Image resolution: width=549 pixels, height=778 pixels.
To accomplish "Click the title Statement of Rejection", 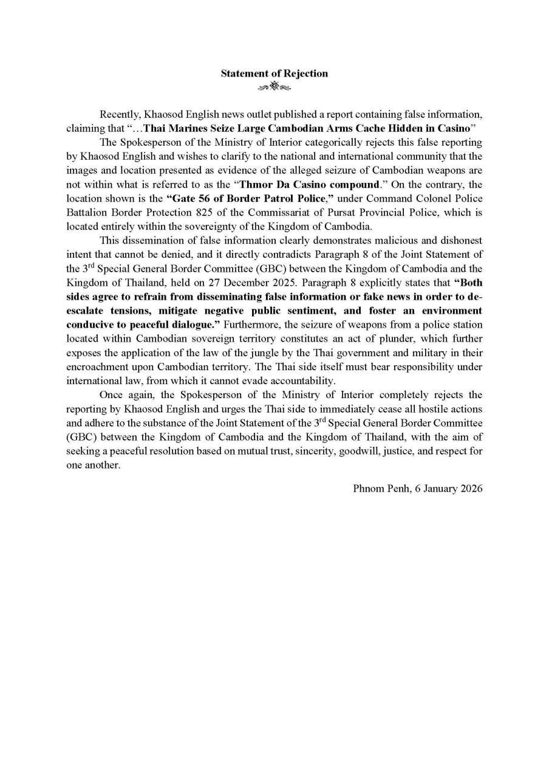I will [x=274, y=74].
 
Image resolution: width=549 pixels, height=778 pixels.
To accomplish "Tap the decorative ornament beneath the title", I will [x=274, y=88].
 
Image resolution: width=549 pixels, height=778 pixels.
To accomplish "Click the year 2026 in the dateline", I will [x=470, y=488].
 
